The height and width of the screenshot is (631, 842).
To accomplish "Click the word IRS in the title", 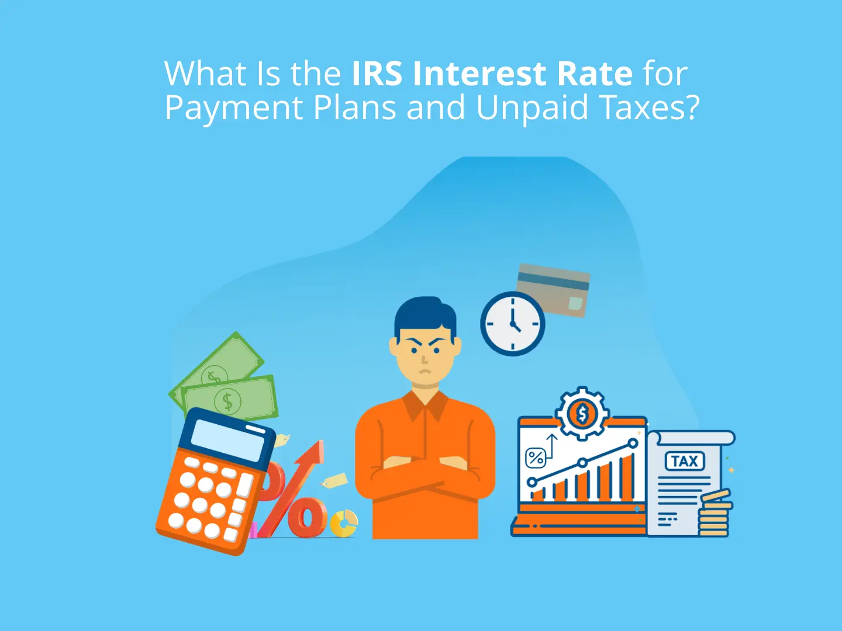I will click(377, 74).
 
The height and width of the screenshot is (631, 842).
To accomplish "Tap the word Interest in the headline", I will click(479, 74).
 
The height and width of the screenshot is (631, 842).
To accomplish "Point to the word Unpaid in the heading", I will click(532, 108).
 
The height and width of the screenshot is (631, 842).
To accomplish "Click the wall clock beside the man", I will click(513, 324).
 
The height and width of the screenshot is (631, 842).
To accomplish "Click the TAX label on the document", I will click(685, 462).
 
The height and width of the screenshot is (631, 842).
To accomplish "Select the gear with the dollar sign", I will click(582, 414).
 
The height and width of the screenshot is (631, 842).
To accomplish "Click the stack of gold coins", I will click(714, 514).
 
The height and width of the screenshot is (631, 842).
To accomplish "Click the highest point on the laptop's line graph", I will click(632, 444).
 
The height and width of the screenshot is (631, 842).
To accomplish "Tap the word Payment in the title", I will click(234, 108).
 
